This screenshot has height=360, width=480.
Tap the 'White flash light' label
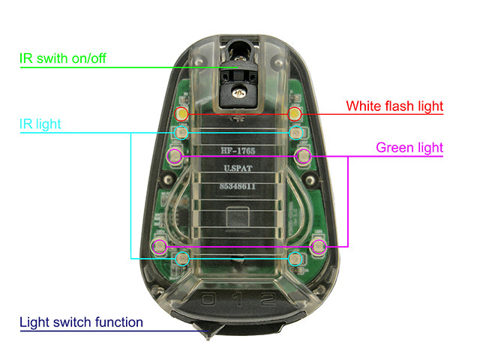click(394, 106)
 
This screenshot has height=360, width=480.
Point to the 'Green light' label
click(409, 148)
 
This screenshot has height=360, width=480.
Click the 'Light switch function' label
click(81, 322)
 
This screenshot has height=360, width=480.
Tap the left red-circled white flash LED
click(182, 114)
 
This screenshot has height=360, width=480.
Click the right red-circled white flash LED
click(295, 114)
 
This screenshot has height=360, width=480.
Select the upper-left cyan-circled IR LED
click(181, 133)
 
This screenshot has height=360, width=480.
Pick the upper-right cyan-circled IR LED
click(296, 133)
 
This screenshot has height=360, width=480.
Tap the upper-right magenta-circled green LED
click(303, 156)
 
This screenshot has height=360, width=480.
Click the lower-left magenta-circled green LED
click(158, 246)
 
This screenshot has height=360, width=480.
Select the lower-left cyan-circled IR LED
click(181, 259)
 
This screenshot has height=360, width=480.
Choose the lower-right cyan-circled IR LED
click(296, 259)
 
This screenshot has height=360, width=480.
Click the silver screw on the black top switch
click(239, 91)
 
